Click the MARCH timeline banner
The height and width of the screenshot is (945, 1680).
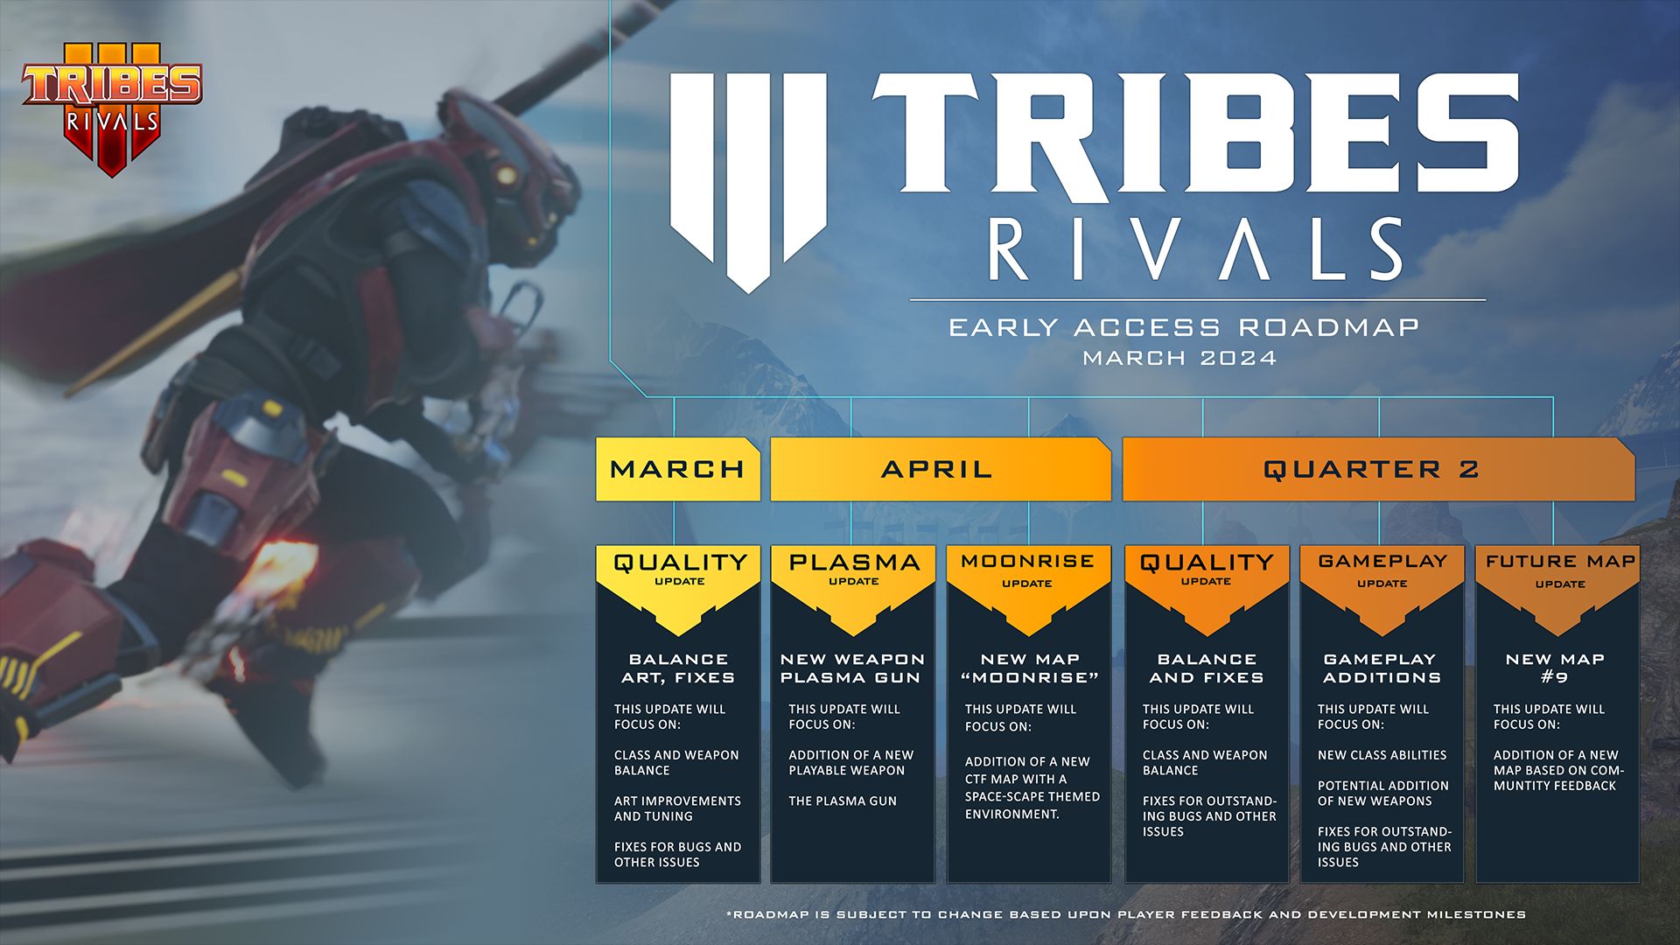(x=677, y=469)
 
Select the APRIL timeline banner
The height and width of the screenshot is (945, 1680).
(x=937, y=469)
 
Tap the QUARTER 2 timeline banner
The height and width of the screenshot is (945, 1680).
(x=1371, y=469)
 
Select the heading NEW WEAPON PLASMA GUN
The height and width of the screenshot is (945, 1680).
(x=852, y=668)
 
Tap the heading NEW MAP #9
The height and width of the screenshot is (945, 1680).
(x=1555, y=668)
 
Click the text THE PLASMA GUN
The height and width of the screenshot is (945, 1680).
(x=842, y=801)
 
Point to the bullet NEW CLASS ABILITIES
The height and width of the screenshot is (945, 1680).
(x=1382, y=755)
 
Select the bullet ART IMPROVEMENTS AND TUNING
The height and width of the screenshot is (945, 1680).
(x=676, y=808)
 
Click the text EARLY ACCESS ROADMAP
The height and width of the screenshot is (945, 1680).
(x=1183, y=327)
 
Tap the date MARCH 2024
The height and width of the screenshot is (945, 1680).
(x=1179, y=358)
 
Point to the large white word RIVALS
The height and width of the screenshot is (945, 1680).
(x=1196, y=249)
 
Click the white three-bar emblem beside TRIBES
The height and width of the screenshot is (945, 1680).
(x=748, y=175)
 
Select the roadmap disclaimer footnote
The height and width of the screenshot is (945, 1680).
(x=1125, y=914)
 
